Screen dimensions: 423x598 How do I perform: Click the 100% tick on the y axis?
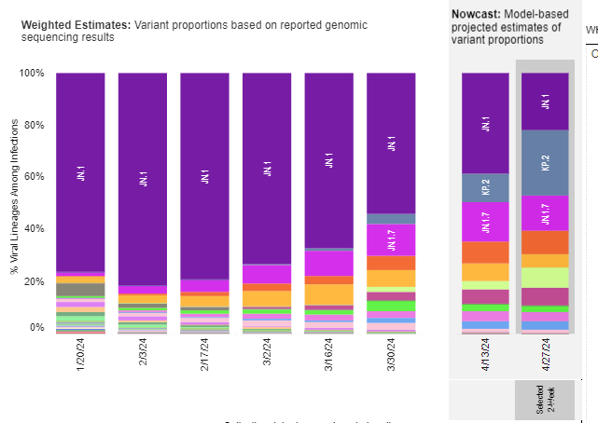point(32,73)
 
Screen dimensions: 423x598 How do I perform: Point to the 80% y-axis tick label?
point(34,125)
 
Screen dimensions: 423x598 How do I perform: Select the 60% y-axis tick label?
point(34,176)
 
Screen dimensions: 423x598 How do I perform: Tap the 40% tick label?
point(34,228)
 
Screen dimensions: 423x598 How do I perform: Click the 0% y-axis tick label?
point(36,328)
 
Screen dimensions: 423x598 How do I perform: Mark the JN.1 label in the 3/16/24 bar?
point(329,160)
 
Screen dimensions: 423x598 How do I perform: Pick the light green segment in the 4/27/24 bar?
point(546,278)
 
